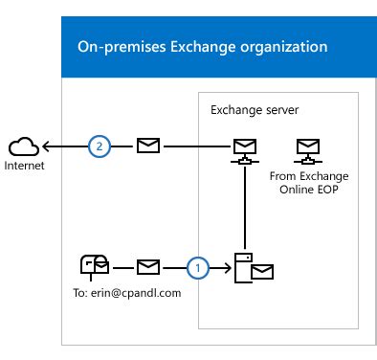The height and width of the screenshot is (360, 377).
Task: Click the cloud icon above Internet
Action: (x=24, y=146)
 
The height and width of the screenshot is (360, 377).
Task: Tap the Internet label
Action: (x=25, y=166)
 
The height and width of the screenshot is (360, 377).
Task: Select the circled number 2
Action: (x=99, y=146)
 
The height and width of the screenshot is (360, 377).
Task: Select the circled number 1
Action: (x=198, y=268)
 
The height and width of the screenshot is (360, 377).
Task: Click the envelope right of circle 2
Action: (x=148, y=146)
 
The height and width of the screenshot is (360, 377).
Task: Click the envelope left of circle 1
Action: (x=148, y=268)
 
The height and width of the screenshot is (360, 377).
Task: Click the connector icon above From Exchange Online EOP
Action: (x=307, y=149)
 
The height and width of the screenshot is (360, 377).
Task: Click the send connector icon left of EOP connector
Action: (x=246, y=149)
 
